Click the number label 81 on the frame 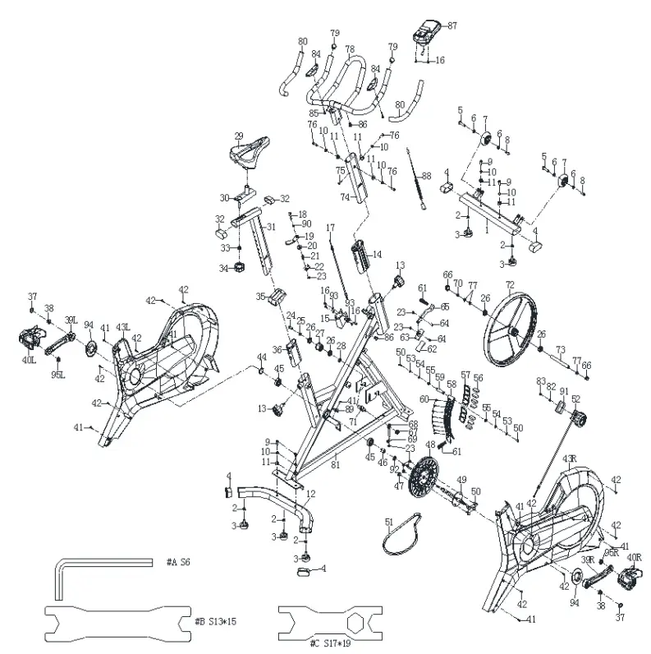pos(335,466)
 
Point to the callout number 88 pos(426,177)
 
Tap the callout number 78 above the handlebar pos(350,49)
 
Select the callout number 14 pos(378,255)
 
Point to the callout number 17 pos(331,228)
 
